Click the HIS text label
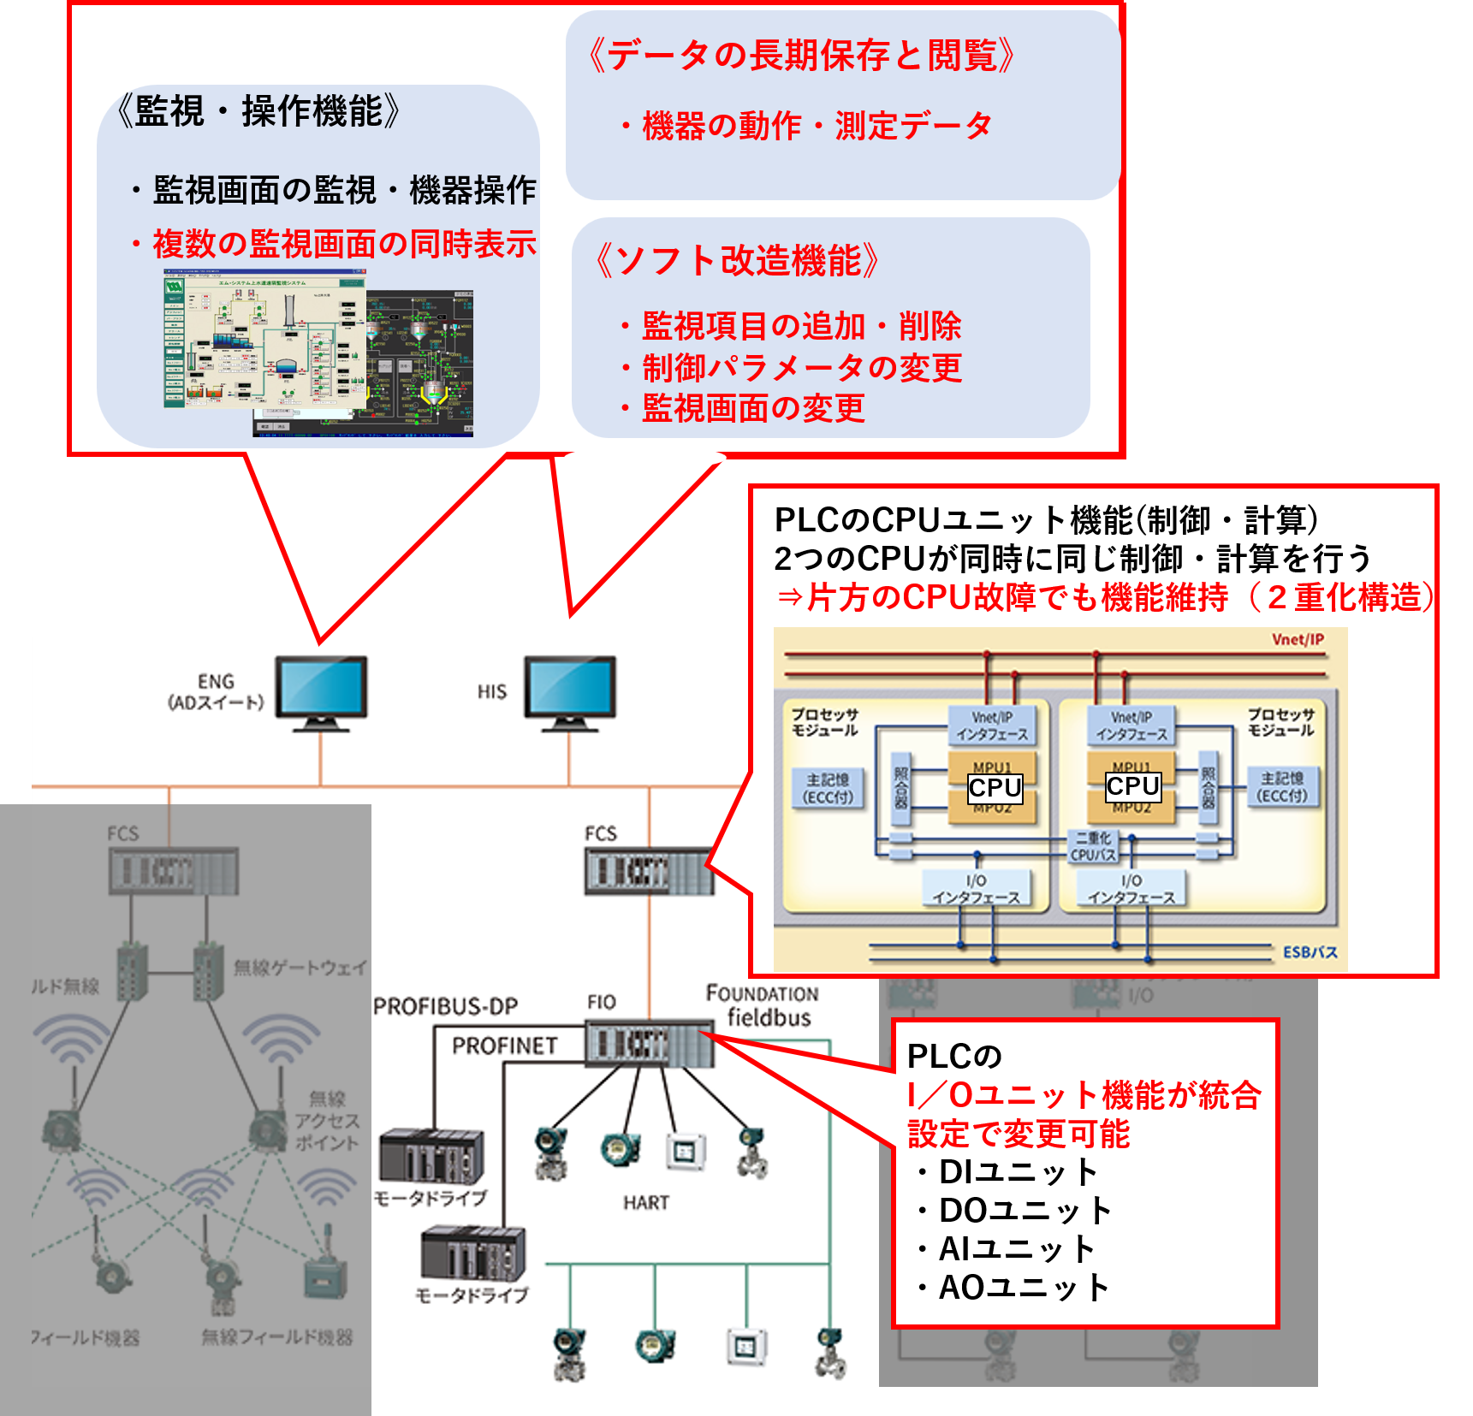[x=492, y=692]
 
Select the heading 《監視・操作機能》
[x=258, y=111]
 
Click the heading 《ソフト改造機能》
[x=737, y=260]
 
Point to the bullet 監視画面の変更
[x=752, y=408]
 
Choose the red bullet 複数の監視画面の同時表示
[x=343, y=244]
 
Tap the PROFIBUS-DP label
[x=445, y=1006]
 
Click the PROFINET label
[x=504, y=1046]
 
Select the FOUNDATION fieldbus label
[x=762, y=1005]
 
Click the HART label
[x=646, y=1202]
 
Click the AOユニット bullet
[x=1024, y=1287]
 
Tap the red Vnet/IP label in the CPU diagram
[x=1298, y=639]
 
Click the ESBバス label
[x=1310, y=952]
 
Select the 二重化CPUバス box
[x=1093, y=846]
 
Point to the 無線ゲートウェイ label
[x=300, y=968]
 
